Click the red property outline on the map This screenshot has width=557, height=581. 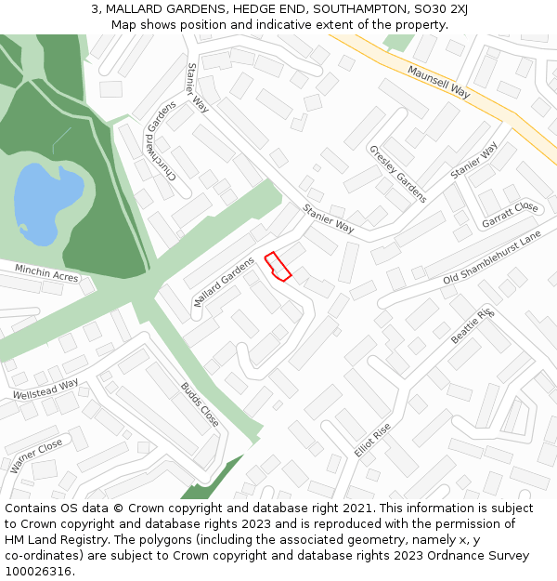point(278,266)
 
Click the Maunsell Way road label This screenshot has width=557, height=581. point(439,82)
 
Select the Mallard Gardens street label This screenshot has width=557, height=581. point(224,283)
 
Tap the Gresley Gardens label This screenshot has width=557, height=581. point(397,174)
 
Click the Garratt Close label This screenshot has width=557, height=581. point(510,215)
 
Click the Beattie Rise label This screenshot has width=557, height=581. point(473,326)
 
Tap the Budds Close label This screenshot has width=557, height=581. point(200,404)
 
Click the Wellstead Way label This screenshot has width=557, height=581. point(45,390)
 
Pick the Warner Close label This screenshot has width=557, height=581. point(37,456)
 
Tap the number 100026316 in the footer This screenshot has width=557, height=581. point(39,572)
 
